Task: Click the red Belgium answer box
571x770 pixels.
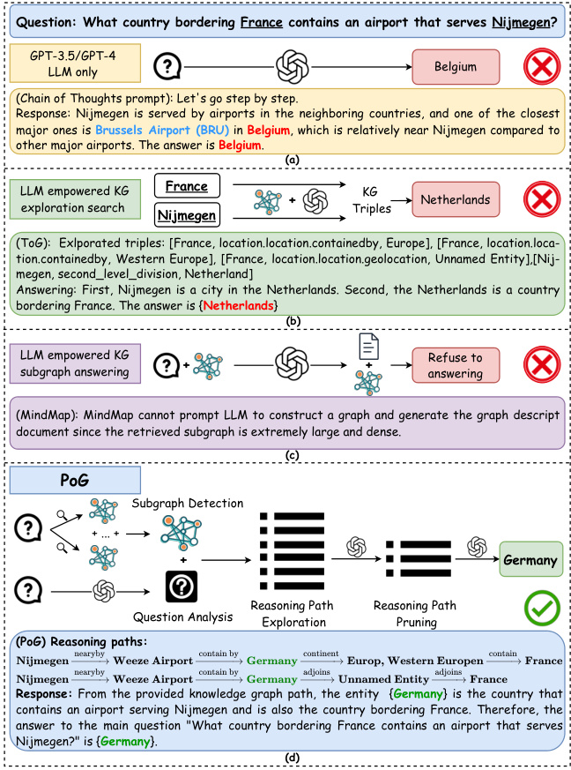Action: pos(456,66)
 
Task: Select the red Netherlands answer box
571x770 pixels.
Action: pos(456,200)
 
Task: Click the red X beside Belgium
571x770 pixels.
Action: pos(538,66)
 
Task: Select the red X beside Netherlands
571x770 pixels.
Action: pos(538,199)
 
